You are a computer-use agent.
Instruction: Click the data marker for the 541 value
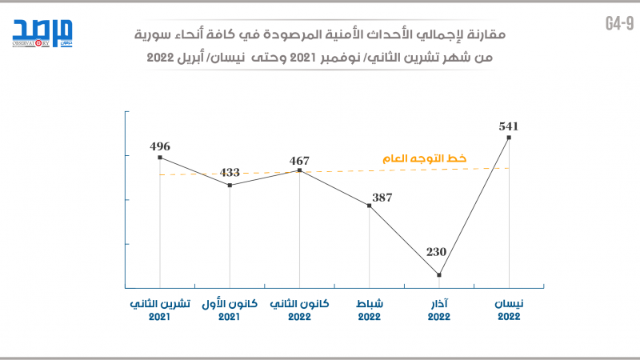509,138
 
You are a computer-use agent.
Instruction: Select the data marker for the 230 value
439,275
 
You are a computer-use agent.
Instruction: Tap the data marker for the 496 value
160,158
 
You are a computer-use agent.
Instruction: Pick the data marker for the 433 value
230,186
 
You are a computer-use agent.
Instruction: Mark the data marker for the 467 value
299,170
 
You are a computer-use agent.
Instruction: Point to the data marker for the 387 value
369,206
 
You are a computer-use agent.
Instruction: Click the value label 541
509,126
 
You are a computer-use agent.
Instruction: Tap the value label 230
436,252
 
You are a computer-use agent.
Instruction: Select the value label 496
160,146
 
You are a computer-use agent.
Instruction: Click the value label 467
299,160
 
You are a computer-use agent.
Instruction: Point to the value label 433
230,172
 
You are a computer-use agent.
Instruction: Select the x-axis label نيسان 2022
509,310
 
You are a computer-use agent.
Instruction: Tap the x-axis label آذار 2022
439,310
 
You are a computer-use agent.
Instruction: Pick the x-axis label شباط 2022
369,310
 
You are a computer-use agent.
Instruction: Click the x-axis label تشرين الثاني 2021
160,310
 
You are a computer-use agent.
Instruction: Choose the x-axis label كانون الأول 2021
230,310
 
